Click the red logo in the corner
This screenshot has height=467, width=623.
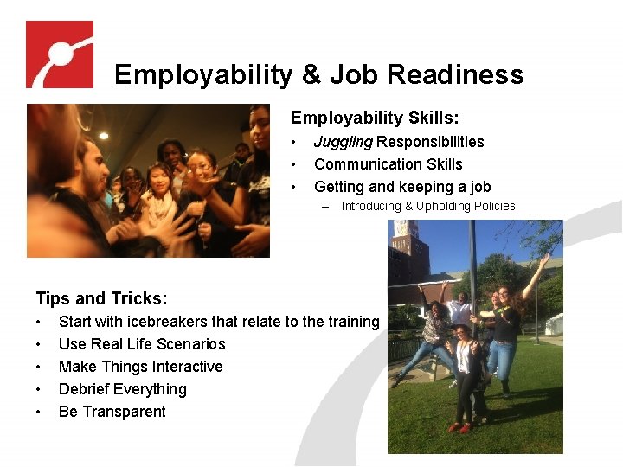pos(59,54)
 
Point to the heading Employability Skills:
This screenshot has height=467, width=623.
pos(375,118)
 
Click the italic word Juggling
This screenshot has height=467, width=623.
pos(343,142)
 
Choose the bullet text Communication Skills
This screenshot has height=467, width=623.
pos(389,164)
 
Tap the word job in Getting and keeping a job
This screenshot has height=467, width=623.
pos(480,187)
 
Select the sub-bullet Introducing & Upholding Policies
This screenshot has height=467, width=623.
pos(428,206)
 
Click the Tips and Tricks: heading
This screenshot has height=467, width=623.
pos(101,299)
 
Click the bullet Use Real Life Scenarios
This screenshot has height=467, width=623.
pos(142,344)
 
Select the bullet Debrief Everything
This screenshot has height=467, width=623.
pos(122,389)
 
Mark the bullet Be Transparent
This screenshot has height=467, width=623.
pos(112,412)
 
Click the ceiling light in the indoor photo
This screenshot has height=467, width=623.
pos(103,136)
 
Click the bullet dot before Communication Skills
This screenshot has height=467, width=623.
pos(295,164)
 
